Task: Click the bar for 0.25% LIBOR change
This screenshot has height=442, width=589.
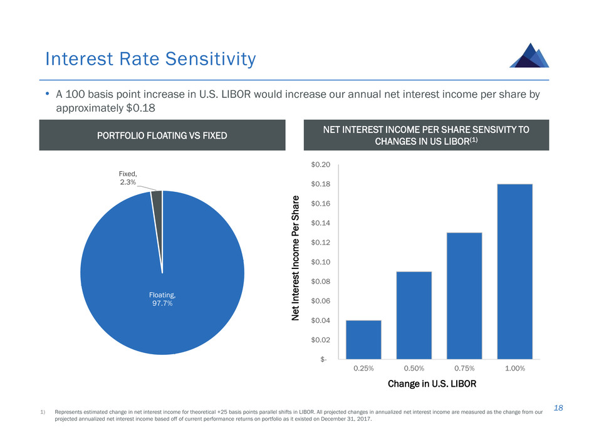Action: click(x=363, y=339)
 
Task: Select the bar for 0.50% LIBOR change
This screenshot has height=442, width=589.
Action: click(x=414, y=315)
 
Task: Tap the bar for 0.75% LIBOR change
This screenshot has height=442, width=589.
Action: click(x=464, y=295)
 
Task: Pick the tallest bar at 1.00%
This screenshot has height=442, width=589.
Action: click(x=514, y=271)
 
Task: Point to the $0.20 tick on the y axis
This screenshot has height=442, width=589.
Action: click(x=321, y=164)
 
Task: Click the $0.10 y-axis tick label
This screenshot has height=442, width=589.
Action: click(x=321, y=261)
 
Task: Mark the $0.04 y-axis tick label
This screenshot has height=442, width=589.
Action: click(x=321, y=320)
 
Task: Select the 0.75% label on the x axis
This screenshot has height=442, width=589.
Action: click(x=464, y=368)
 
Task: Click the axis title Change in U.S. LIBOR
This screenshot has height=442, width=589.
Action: click(x=432, y=383)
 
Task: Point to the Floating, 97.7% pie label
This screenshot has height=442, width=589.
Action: click(x=162, y=298)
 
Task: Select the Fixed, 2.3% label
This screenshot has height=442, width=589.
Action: click(x=128, y=176)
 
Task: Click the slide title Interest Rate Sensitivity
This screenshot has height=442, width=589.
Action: click(x=150, y=59)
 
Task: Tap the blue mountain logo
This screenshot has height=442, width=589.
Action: click(x=529, y=55)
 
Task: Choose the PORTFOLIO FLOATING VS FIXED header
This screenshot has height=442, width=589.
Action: click(x=162, y=135)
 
